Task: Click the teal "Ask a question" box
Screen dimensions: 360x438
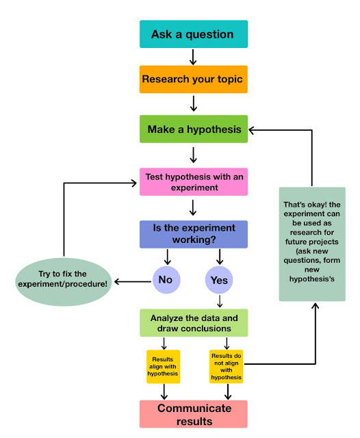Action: (x=194, y=34)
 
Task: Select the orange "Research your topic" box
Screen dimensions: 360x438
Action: (x=194, y=79)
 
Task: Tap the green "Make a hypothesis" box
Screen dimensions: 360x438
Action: (x=194, y=129)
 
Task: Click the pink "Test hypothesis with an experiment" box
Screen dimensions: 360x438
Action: (x=194, y=182)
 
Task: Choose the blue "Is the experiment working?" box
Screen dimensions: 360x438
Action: (x=194, y=234)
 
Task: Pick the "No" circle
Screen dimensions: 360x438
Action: (x=166, y=280)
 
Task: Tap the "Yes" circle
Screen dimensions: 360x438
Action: (x=219, y=280)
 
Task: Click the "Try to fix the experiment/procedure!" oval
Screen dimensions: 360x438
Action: (x=64, y=282)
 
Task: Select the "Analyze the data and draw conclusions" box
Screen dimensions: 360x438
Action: (x=194, y=322)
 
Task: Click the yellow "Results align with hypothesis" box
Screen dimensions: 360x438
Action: (x=164, y=367)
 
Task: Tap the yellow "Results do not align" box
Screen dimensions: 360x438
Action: (x=227, y=367)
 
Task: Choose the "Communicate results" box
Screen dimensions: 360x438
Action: (x=194, y=414)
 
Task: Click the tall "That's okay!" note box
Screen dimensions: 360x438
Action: (x=312, y=244)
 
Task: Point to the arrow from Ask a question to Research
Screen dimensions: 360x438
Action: (x=193, y=57)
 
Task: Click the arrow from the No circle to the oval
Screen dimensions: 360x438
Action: (x=133, y=281)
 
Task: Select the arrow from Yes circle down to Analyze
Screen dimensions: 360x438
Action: (x=220, y=301)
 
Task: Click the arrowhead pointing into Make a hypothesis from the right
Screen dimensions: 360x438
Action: (x=251, y=130)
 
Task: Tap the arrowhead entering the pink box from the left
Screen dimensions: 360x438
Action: (x=133, y=183)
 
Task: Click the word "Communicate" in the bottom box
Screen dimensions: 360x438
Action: (x=194, y=409)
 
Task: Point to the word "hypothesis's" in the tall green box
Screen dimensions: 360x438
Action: (x=311, y=279)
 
